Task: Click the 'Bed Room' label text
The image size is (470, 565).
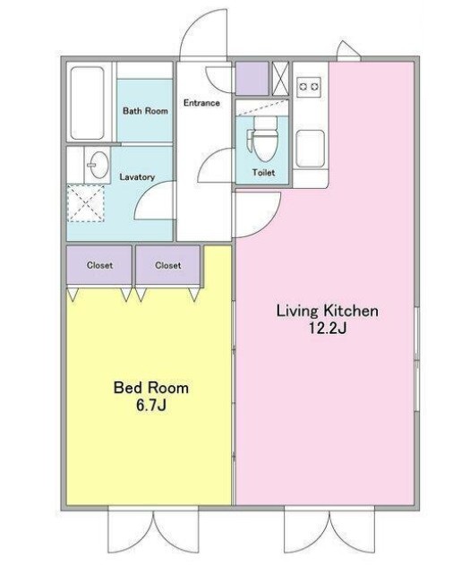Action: pos(151,388)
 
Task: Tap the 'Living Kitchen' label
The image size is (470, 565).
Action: pos(327,311)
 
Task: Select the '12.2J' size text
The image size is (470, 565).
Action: pos(328,329)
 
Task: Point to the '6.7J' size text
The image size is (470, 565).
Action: pos(151,405)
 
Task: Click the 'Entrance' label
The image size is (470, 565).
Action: pos(201,103)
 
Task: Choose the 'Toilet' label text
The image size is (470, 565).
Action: pos(263,173)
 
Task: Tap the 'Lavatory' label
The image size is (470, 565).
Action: pos(137,177)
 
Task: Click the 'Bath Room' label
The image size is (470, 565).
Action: pos(145,111)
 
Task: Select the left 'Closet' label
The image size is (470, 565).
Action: pos(99,266)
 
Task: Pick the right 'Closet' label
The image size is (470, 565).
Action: pos(167,266)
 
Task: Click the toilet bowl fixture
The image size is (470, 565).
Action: pos(264,140)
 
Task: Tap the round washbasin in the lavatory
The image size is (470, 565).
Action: pos(98,165)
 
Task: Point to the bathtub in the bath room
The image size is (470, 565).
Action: pos(87,103)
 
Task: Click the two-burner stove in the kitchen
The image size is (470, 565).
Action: pos(309,87)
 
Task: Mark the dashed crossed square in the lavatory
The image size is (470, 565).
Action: pos(86,203)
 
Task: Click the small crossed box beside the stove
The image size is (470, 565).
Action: pos(280,79)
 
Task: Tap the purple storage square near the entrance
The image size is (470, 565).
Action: pos(252,79)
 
